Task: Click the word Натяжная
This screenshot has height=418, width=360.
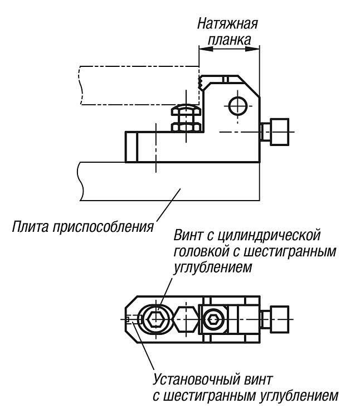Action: pyautogui.click(x=227, y=24)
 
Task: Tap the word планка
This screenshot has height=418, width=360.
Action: pyautogui.click(x=229, y=40)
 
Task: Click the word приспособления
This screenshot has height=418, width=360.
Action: pyautogui.click(x=103, y=228)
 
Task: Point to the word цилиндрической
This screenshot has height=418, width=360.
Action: pyautogui.click(x=268, y=236)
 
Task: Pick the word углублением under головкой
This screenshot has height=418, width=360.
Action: pyautogui.click(x=213, y=268)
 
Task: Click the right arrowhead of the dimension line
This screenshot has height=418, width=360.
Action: pyautogui.click(x=252, y=49)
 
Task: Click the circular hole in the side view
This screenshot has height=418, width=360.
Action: pyautogui.click(x=238, y=106)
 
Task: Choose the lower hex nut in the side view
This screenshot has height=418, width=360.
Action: pyautogui.click(x=186, y=127)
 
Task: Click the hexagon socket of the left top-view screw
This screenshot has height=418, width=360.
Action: pyautogui.click(x=156, y=319)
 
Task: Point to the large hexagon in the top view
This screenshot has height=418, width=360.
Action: pyautogui.click(x=186, y=319)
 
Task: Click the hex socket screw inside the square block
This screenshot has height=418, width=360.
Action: pyautogui.click(x=213, y=319)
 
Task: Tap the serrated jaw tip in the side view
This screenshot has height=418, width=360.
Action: pyautogui.click(x=201, y=81)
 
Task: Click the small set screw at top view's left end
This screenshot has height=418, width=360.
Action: pyautogui.click(x=128, y=319)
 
